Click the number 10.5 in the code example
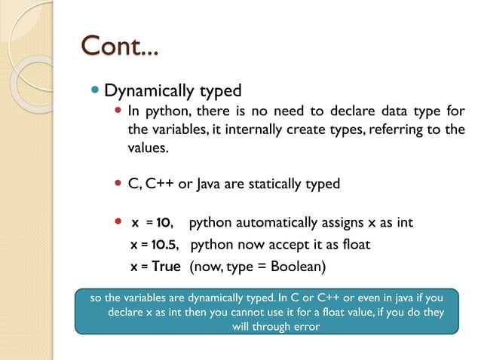[x=164, y=245]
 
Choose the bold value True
[x=166, y=267]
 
